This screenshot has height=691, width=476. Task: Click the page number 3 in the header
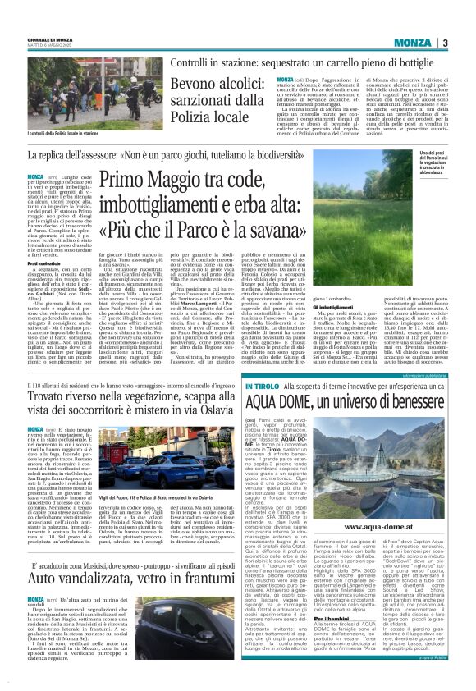click(x=445, y=43)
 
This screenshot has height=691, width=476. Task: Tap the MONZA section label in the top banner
click(x=410, y=43)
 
